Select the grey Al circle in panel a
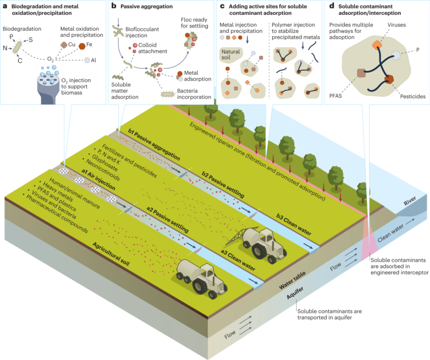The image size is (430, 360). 87,60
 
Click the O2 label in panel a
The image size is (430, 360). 51,59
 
